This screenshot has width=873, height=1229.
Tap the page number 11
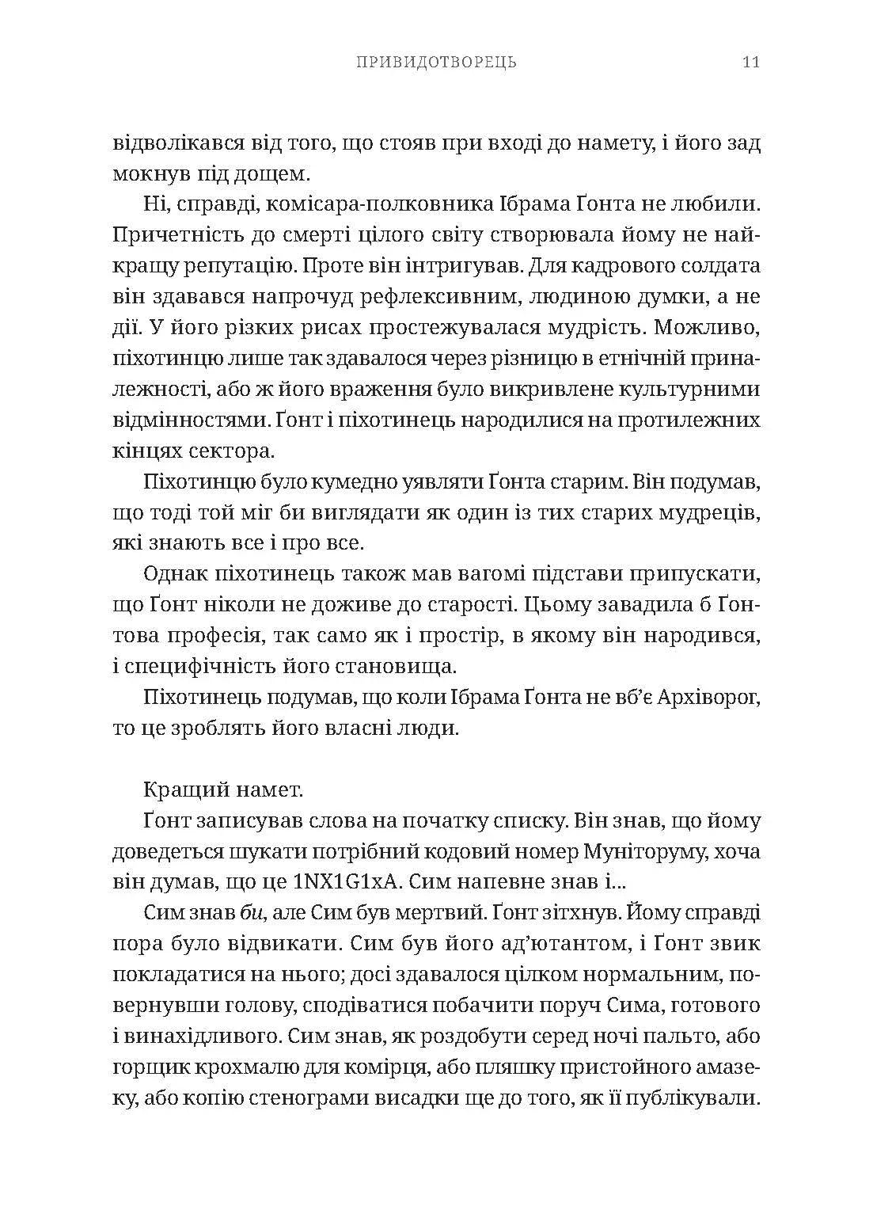click(x=751, y=62)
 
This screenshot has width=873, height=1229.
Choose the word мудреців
click(x=708, y=513)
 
